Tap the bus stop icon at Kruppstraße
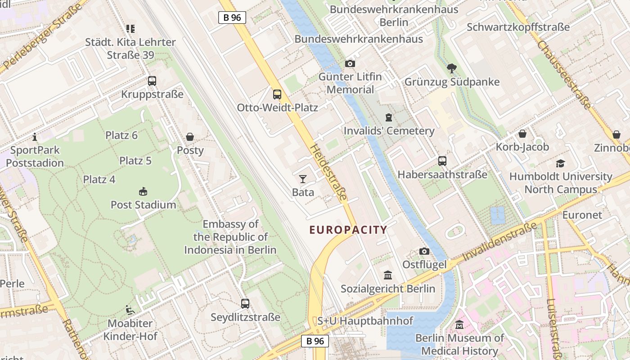pos(152,81)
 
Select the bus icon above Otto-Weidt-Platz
pos(277,94)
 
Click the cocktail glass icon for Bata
pos(303,179)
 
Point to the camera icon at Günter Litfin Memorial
pos(350,64)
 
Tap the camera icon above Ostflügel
pos(424,252)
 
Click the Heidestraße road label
pos(329,172)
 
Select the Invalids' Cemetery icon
pos(389,118)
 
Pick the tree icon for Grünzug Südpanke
pos(452,69)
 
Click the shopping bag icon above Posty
pos(190,137)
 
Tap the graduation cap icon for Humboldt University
pos(560,163)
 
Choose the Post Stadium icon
pos(143,192)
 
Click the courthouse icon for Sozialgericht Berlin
pos(388,275)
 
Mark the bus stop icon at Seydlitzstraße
pos(245,304)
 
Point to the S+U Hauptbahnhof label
pos(365,321)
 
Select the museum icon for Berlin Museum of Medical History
pos(459,324)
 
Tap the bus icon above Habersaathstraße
pos(442,161)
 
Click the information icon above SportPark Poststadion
pos(35,137)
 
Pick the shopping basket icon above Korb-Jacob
pos(522,134)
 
